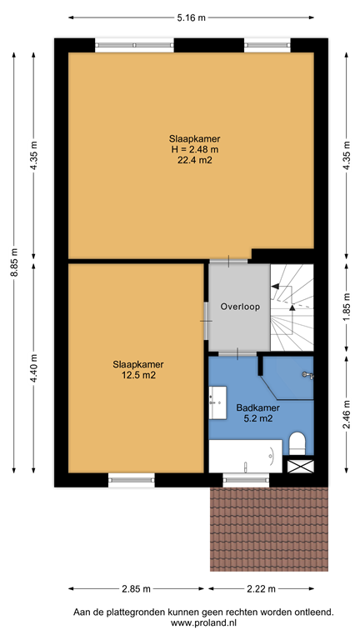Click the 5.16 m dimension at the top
191,17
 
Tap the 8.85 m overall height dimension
13,263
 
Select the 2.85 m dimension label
134,589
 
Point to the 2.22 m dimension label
262,589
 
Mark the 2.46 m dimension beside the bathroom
346,410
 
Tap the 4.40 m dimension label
33,367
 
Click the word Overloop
240,307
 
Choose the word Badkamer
257,407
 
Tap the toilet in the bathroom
297,442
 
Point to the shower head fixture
306,375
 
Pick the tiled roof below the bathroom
268,529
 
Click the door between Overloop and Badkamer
237,353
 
